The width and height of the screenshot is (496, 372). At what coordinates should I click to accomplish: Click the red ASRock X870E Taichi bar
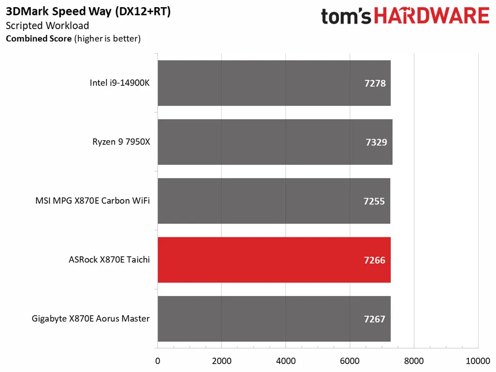click(274, 260)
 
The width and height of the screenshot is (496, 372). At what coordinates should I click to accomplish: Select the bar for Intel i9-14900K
click(274, 83)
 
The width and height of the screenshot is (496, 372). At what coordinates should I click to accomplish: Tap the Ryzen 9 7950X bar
click(275, 142)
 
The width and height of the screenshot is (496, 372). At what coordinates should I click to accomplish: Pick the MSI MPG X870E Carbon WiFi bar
click(274, 201)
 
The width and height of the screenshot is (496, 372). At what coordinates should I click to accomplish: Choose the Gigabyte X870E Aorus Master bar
click(274, 319)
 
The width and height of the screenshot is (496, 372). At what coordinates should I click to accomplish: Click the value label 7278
click(374, 83)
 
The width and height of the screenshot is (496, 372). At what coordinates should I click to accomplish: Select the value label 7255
click(374, 201)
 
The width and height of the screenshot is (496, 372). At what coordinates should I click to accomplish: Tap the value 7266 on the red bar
click(374, 260)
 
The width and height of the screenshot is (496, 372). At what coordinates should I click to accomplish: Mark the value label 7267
click(374, 319)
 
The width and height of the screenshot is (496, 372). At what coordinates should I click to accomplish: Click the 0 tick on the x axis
click(157, 360)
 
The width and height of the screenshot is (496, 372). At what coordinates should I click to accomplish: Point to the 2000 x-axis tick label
click(221, 360)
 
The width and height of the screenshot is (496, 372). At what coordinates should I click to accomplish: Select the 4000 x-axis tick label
click(286, 360)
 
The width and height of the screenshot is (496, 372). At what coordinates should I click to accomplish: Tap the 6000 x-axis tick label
click(350, 360)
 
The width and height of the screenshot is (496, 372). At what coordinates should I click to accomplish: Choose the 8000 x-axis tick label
click(414, 360)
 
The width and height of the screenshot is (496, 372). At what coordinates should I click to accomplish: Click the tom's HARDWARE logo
click(405, 16)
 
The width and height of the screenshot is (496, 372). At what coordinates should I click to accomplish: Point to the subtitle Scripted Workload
click(47, 26)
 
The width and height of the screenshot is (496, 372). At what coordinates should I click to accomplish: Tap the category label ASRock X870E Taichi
click(109, 260)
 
